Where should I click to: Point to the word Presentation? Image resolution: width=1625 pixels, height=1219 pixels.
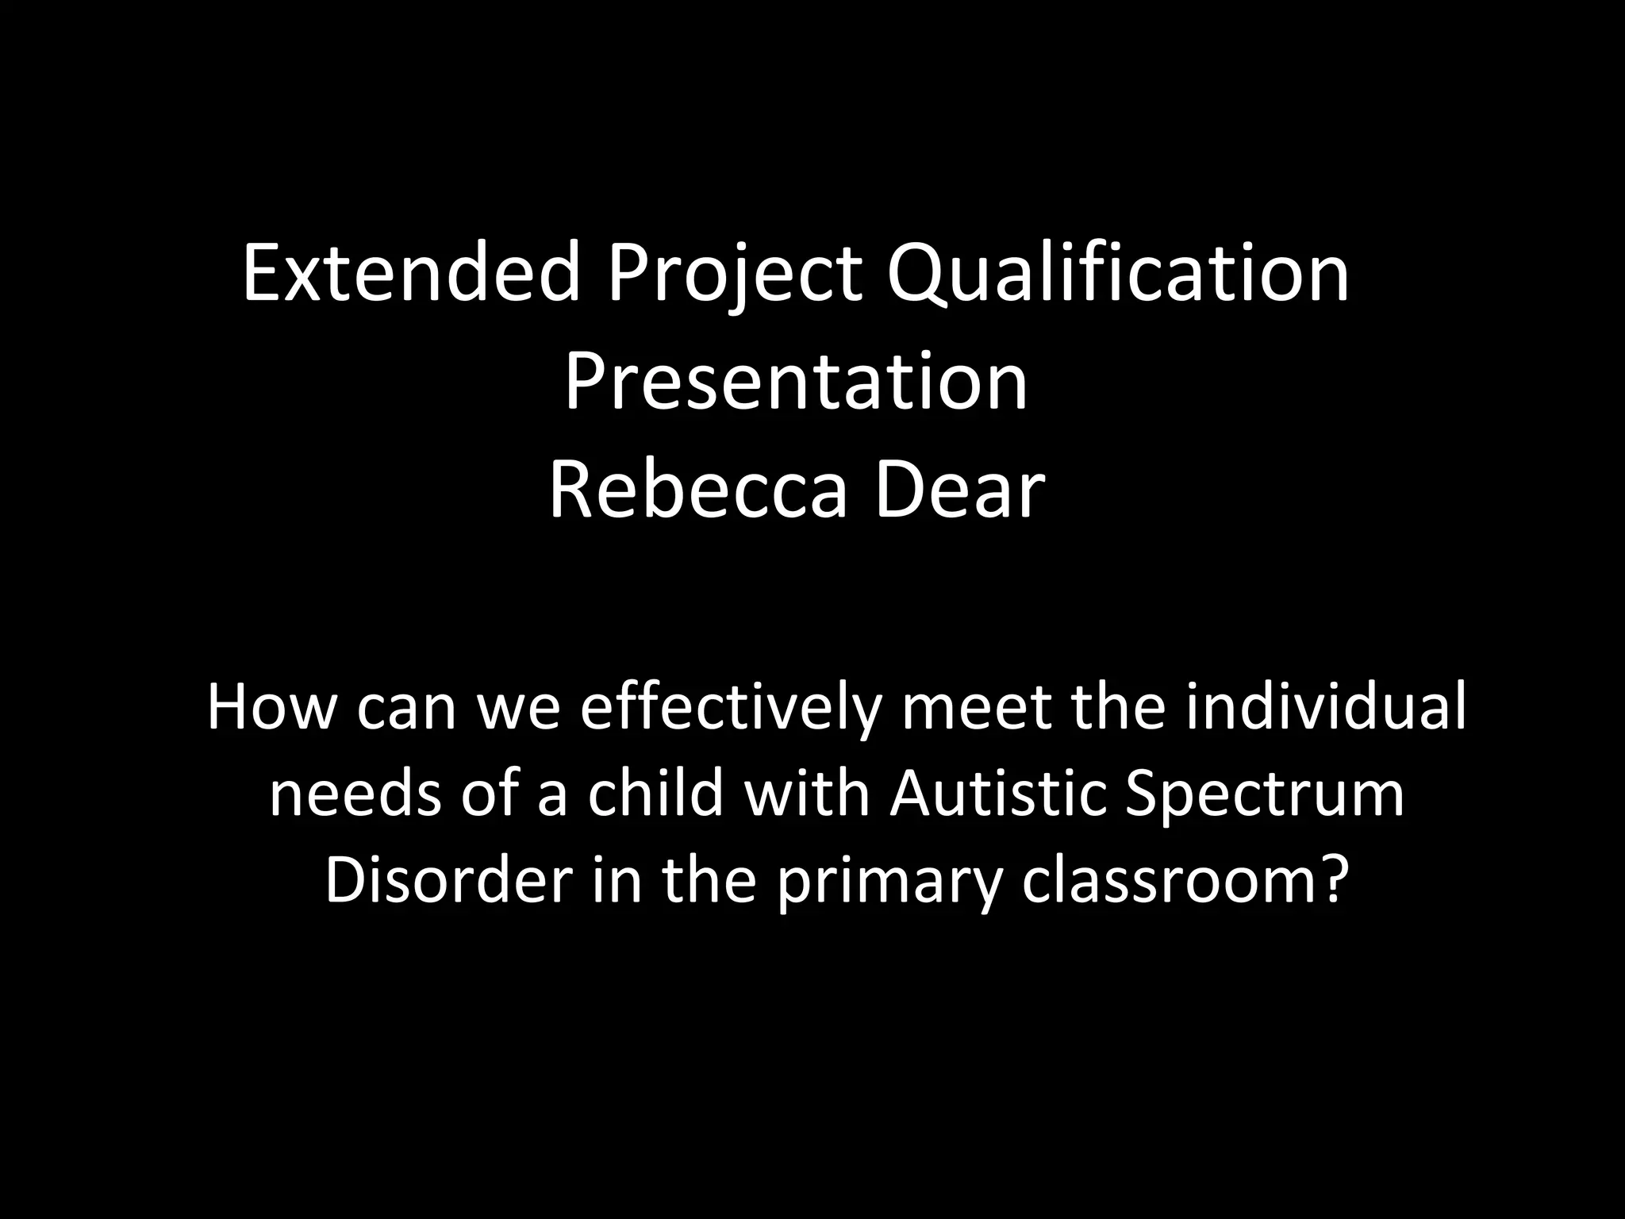pyautogui.click(x=796, y=383)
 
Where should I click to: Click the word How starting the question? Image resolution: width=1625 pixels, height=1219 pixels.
pyautogui.click(x=271, y=706)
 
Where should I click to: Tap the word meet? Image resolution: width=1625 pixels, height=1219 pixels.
pyautogui.click(x=977, y=706)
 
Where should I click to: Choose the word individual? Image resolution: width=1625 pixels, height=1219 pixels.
pyautogui.click(x=1326, y=706)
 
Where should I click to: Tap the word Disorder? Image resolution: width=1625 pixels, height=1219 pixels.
pyautogui.click(x=449, y=880)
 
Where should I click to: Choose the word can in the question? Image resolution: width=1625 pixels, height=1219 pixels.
pyautogui.click(x=406, y=706)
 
